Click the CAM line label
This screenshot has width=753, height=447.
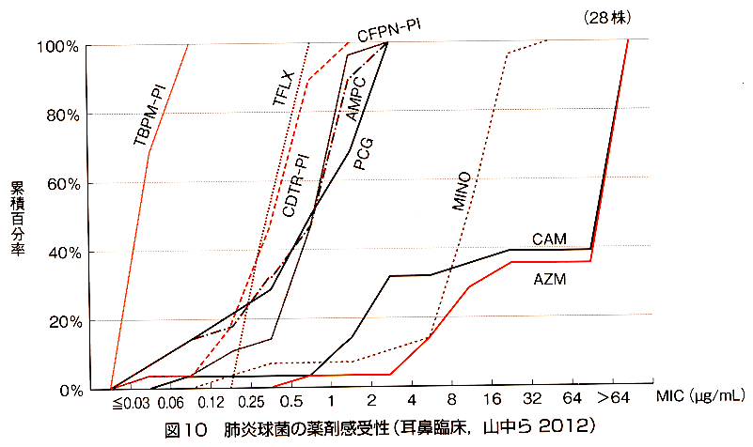tap(548, 239)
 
